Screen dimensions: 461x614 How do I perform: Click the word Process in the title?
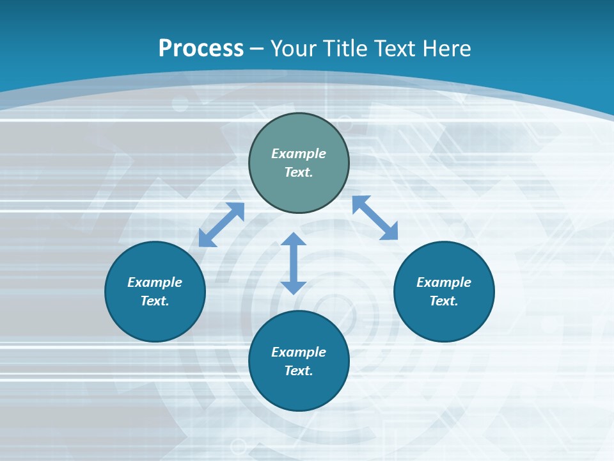click(x=201, y=49)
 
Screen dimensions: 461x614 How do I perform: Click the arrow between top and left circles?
click(x=221, y=225)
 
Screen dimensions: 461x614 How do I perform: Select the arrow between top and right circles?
click(x=375, y=218)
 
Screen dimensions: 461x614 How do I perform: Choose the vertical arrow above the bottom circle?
click(x=294, y=263)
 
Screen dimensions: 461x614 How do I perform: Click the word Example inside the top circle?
click(x=299, y=154)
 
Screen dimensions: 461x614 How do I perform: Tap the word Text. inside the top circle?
click(x=299, y=172)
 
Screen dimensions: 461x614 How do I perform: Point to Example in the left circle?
click(x=155, y=282)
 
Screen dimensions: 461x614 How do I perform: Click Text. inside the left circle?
click(x=155, y=301)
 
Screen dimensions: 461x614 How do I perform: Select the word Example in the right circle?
click(x=444, y=282)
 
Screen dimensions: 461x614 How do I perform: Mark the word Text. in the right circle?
click(x=444, y=301)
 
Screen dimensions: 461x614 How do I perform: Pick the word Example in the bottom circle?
click(x=299, y=352)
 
